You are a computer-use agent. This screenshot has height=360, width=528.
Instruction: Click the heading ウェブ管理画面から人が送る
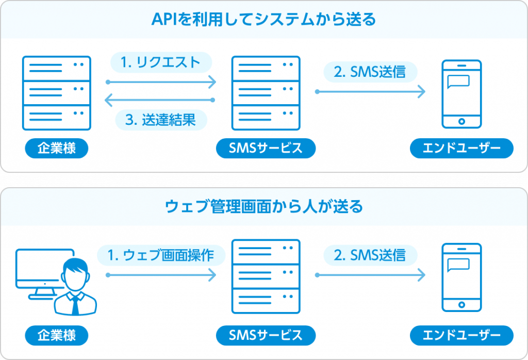pyautogui.click(x=263, y=207)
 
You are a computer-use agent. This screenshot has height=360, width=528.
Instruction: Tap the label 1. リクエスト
pyautogui.click(x=160, y=62)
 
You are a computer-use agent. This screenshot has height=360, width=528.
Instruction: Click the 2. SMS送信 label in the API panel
pyautogui.click(x=370, y=72)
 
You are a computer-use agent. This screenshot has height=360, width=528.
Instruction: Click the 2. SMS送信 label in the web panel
pyautogui.click(x=370, y=254)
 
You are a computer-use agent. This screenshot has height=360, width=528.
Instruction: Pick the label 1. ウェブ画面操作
pyautogui.click(x=161, y=255)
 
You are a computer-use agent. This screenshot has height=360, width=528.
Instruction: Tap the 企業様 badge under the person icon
pyautogui.click(x=57, y=335)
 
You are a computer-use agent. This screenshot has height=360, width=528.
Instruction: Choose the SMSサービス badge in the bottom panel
pyautogui.click(x=266, y=335)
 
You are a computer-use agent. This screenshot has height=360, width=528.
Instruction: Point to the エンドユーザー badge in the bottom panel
pyautogui.click(x=461, y=335)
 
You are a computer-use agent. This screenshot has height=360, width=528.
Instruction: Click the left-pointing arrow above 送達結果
pyautogui.click(x=160, y=100)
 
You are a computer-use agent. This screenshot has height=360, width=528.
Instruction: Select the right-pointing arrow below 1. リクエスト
pyautogui.click(x=160, y=81)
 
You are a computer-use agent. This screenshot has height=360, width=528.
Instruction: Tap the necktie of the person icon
pyautogui.click(x=75, y=305)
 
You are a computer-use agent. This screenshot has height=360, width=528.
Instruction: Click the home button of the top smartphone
pyautogui.click(x=461, y=122)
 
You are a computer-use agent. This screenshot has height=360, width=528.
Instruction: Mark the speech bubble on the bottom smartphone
pyautogui.click(x=458, y=264)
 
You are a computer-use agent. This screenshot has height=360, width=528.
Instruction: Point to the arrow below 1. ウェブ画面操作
pyautogui.click(x=160, y=275)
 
